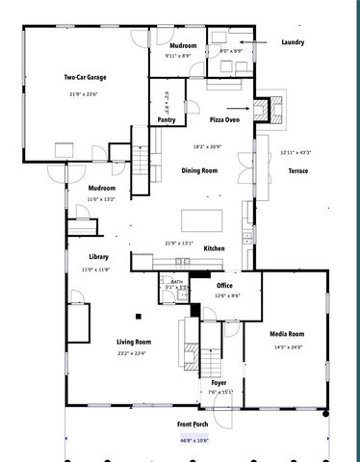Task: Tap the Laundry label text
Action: coord(293,42)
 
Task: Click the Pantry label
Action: coord(167,120)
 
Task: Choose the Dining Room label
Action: coord(199,170)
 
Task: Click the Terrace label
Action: coord(298,170)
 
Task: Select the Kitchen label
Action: coord(214,248)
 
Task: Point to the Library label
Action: coord(98,257)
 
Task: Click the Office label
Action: coord(225,286)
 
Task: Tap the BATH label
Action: coord(177,282)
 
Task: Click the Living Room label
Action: coord(135,342)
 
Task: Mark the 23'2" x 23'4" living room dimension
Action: coord(135,352)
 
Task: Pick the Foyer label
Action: coord(219,382)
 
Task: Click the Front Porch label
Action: coord(193,424)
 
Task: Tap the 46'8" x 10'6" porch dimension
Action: coord(193,440)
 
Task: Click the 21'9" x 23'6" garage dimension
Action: coord(83,93)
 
